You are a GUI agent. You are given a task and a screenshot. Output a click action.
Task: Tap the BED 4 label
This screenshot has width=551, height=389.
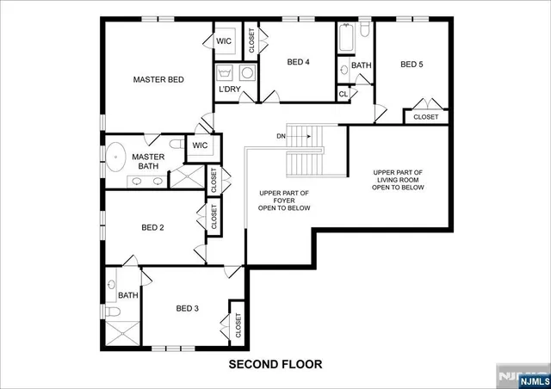coord(298,62)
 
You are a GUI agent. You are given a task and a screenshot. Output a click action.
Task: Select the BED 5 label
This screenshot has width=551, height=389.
coord(412,65)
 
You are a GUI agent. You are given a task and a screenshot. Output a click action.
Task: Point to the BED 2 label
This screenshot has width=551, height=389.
coord(152,228)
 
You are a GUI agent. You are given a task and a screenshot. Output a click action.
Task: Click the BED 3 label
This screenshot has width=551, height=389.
coord(187,308)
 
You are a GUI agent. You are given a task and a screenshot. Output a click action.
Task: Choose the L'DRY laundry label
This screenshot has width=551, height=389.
coord(229,90)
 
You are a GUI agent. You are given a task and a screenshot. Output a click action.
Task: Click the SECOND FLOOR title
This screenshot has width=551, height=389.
coord(275,364)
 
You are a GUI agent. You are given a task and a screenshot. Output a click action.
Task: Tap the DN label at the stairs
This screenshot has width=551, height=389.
coord(281,136)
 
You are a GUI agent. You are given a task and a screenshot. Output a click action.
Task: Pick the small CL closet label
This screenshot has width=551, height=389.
coord(343,94)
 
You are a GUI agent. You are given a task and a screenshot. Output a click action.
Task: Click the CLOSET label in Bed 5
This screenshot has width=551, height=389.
coord(425,117)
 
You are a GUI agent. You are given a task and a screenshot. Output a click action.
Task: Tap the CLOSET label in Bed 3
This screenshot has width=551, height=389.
coord(237,325)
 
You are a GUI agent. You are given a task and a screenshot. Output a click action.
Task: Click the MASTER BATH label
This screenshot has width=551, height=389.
coord(148,162)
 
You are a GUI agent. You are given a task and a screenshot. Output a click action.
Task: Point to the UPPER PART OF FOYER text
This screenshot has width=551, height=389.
coord(284,201)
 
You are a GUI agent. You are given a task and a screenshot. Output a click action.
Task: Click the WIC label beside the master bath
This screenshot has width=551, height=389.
coord(200,145)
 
